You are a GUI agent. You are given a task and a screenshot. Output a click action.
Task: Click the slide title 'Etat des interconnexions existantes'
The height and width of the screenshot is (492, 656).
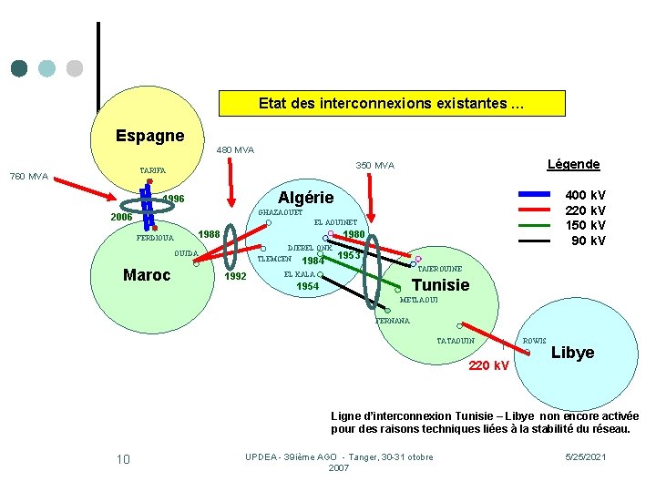(x=391, y=103)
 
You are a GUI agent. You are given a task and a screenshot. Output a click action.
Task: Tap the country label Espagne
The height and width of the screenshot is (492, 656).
(x=149, y=136)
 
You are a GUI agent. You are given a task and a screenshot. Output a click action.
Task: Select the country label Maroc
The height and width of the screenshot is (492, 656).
(x=146, y=274)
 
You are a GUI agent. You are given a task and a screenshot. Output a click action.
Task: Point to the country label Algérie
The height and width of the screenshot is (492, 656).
(x=305, y=198)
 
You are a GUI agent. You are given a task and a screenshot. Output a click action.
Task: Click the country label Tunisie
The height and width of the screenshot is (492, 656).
(x=441, y=285)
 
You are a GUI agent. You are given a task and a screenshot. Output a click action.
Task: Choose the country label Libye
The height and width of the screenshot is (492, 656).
(x=572, y=353)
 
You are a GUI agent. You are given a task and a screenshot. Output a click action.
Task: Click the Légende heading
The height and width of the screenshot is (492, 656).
(x=573, y=164)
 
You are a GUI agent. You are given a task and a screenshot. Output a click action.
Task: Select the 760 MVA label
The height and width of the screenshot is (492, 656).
(x=28, y=176)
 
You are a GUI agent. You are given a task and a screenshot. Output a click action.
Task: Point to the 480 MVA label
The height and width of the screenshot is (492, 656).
(x=235, y=149)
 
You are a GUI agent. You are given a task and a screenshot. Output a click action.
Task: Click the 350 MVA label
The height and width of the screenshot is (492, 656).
(x=374, y=166)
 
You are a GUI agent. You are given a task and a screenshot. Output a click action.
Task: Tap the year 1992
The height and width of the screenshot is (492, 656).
(x=235, y=276)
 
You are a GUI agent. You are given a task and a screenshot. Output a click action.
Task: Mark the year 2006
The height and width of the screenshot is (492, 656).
(x=122, y=218)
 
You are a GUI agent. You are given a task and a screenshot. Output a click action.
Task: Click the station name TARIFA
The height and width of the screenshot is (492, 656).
(x=153, y=170)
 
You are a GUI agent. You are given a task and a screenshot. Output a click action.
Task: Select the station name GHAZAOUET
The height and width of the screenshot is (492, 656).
(x=280, y=212)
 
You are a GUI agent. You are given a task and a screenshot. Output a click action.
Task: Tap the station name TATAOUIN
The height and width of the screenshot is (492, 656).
(x=456, y=341)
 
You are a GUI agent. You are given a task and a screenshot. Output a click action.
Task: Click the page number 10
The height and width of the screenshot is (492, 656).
(x=123, y=458)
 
